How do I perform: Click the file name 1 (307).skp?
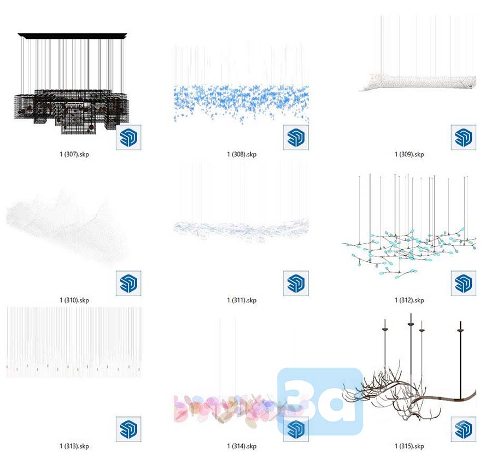(x=74, y=154)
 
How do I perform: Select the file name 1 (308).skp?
(x=242, y=154)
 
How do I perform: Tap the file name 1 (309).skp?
(x=409, y=154)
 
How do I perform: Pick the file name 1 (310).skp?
(x=74, y=300)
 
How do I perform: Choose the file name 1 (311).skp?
(x=242, y=300)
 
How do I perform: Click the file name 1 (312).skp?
(x=409, y=300)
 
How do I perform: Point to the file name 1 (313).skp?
(x=74, y=446)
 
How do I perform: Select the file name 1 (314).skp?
(x=242, y=446)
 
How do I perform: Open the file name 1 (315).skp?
(x=409, y=446)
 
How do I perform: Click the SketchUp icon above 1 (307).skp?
(x=128, y=137)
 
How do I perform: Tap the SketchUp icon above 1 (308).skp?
(x=296, y=137)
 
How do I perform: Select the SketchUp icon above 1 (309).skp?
(x=464, y=137)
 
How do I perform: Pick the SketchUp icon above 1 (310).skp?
(x=128, y=283)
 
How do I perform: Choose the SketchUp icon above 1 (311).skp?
(x=296, y=283)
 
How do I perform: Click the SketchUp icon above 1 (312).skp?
(x=464, y=283)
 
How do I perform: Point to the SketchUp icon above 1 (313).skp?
(x=128, y=429)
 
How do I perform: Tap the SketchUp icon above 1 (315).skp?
(x=464, y=429)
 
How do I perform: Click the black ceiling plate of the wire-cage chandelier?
(x=73, y=36)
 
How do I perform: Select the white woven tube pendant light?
(x=418, y=82)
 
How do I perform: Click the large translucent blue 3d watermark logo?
(x=320, y=402)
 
